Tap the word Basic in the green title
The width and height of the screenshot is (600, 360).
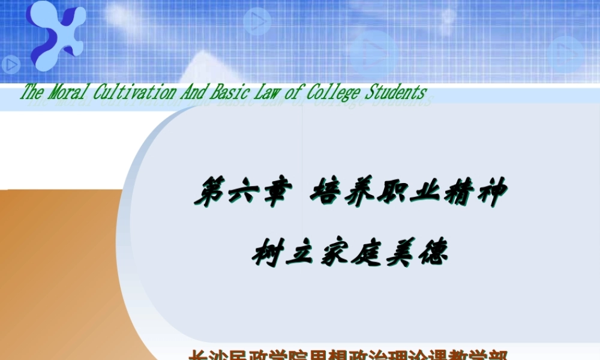(x=230, y=92)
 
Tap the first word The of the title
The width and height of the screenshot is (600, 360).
(x=32, y=92)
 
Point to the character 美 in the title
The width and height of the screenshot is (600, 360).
(x=399, y=253)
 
